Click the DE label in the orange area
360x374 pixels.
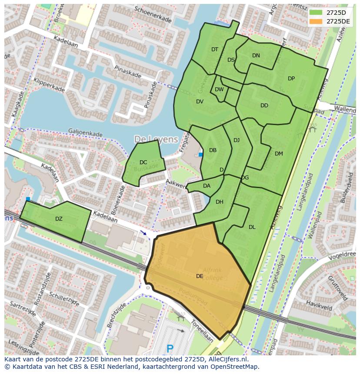pos(200,276)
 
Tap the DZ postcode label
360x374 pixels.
pos(59,219)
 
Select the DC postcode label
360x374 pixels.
pos(143,162)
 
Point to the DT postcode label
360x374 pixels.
pos(215,50)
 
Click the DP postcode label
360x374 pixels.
pos(291,79)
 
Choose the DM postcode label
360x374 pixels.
pos(279,154)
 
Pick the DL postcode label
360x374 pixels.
pos(252,227)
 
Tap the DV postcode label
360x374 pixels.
pos(200,102)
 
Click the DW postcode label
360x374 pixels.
pos(219,90)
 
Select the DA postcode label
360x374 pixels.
pos(207,186)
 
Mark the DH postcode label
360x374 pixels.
pos(220,202)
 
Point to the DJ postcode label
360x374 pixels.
pos(237,140)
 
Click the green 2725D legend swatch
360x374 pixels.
pos(316,12)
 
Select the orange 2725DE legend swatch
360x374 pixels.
pos(316,21)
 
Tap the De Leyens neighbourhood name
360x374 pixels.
pos(156,139)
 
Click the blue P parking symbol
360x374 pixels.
pos(170,348)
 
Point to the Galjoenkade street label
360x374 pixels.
pos(85,132)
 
